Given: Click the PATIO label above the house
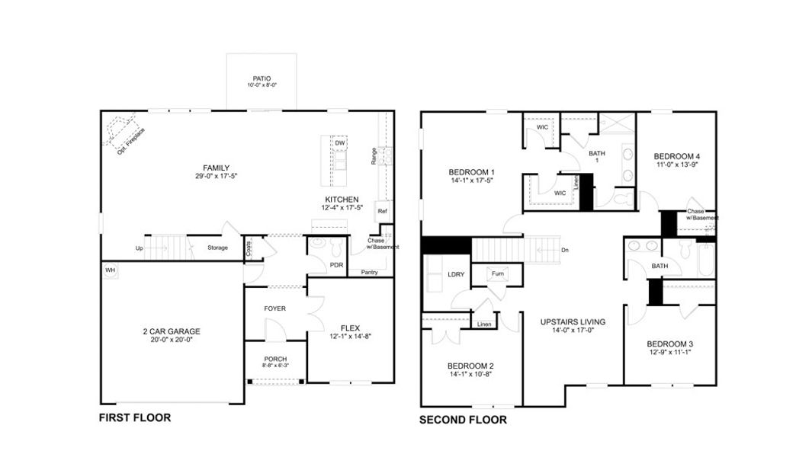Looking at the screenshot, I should pos(262,78).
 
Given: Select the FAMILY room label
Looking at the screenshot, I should pos(216,168).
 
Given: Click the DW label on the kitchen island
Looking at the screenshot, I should pos(339,143).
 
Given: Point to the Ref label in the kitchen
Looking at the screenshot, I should pos(382,211).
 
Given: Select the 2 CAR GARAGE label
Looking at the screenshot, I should pos(171,331).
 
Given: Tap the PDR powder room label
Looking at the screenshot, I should pos(336,265).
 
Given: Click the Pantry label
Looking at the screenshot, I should pos(369,272).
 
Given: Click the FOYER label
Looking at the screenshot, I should pos(274,308).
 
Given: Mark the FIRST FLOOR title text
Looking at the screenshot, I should pos(135,417).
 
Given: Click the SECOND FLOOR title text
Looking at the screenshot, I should pos(463,419).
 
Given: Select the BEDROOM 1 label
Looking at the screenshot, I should pos(470,171).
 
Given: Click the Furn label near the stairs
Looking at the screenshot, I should pos(497,273).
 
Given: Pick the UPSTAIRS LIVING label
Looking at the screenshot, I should pos(573,322).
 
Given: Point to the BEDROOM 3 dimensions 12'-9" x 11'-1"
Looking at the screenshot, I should pos(669,353).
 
